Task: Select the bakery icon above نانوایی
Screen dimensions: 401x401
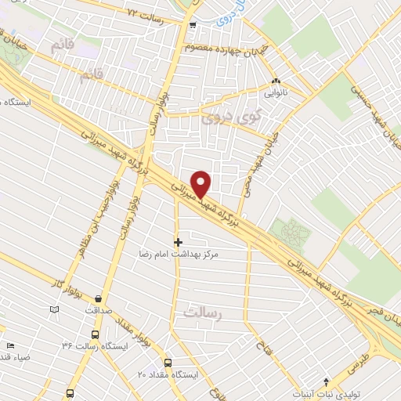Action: (x=275, y=81)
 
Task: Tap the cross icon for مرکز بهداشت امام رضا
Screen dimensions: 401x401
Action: (x=178, y=242)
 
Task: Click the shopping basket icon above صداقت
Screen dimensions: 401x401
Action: (x=98, y=298)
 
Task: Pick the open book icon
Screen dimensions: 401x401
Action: (x=54, y=309)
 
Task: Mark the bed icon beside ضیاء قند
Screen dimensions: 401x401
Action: (x=10, y=345)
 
